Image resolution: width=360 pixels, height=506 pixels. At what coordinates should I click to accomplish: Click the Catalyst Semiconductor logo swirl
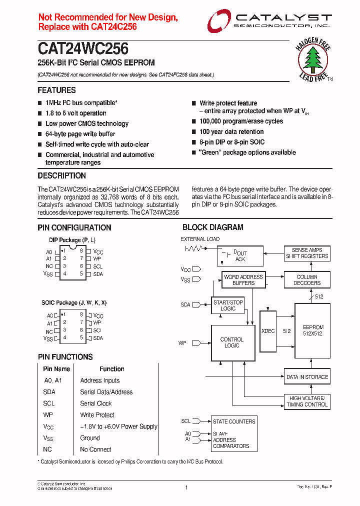point(218,21)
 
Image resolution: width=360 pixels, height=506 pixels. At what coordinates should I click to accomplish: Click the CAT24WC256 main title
point(83,49)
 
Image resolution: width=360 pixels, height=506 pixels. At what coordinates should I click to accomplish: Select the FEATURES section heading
point(57,90)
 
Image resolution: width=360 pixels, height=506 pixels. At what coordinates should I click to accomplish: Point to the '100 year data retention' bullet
point(231,132)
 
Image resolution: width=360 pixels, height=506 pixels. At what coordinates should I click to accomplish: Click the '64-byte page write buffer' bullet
point(80,134)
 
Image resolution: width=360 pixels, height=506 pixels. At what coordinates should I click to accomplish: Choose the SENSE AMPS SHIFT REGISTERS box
point(307,253)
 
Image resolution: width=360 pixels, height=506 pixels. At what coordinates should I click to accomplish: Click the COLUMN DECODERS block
point(307,280)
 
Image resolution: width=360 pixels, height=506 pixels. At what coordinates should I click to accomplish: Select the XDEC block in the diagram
point(268,331)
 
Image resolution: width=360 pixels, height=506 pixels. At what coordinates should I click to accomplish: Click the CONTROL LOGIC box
point(232,342)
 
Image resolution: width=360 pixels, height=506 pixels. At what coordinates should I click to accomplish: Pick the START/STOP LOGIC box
point(228,305)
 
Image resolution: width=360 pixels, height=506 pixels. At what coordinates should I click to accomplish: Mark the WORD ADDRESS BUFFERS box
point(243,280)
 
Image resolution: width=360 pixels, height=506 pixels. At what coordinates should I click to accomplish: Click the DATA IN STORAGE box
point(307,377)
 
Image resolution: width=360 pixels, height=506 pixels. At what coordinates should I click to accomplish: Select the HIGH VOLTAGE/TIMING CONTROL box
point(307,401)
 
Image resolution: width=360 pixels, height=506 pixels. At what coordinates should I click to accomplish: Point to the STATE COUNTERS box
point(234,421)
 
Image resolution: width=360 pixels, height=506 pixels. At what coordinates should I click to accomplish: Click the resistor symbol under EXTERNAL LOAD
point(193,248)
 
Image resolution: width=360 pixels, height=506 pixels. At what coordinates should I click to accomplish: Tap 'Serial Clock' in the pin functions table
point(96,403)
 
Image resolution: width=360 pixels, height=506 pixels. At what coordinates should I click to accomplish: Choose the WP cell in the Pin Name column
point(48,415)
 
